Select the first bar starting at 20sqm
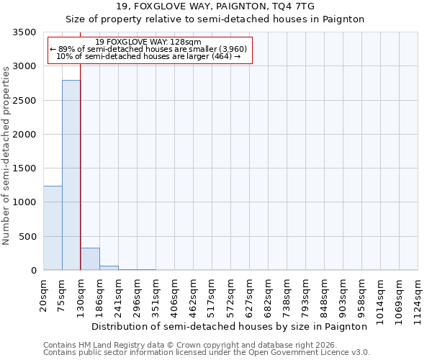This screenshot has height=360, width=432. [x=53, y=228]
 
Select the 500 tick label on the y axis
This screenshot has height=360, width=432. [x=27, y=237]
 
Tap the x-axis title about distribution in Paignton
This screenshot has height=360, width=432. [x=230, y=326]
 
